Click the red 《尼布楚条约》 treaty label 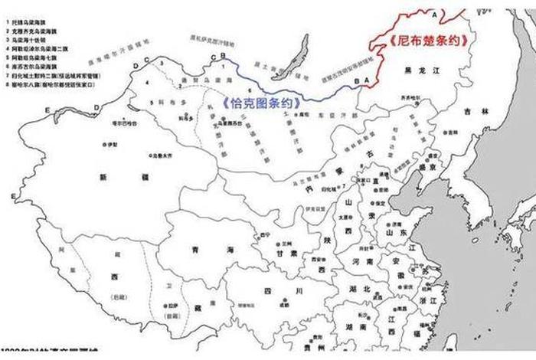coord(428,40)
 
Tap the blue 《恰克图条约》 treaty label coord(258,102)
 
